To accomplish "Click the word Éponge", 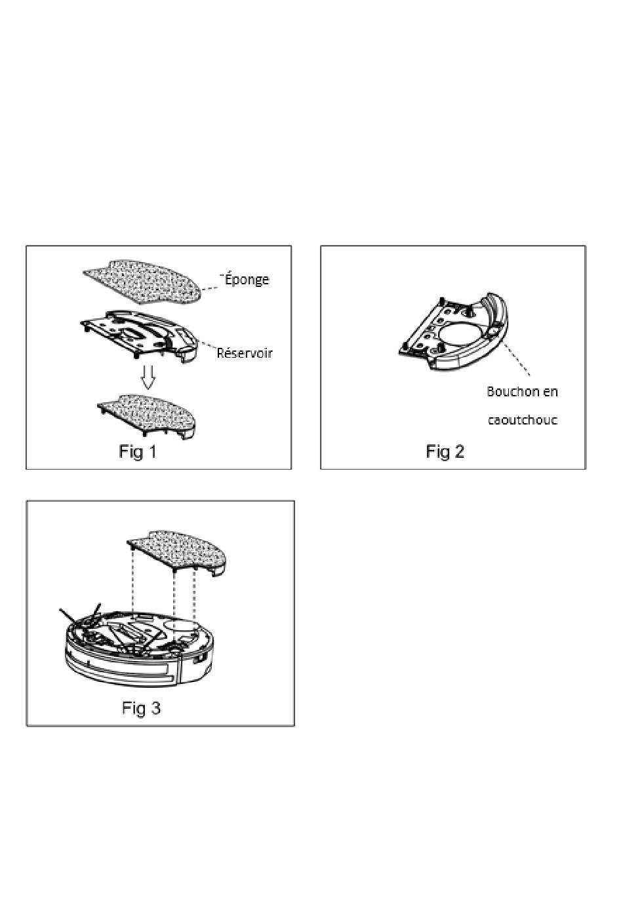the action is pos(247,279).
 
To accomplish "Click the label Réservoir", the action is pos(244,353).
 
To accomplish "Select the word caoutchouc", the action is pos(522,420).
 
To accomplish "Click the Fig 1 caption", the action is pos(138,451).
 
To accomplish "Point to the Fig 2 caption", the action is pos(445,451).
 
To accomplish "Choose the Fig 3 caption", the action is pos(141,708).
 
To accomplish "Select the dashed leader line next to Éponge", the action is pos(211,286).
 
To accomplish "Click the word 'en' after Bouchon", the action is pos(550,392).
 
